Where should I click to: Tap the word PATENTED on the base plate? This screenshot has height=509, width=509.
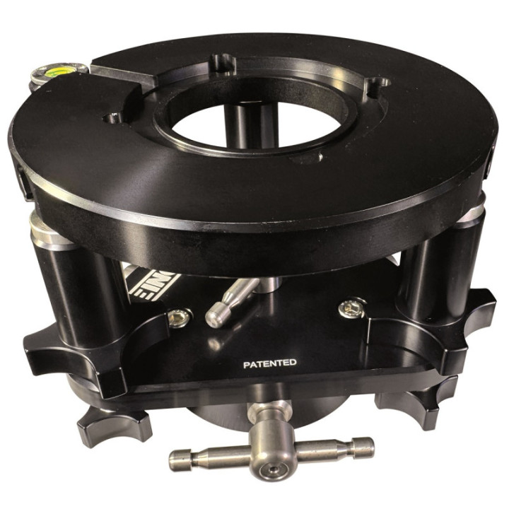pyautogui.click(x=269, y=363)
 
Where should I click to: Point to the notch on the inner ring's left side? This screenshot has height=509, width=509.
pyautogui.click(x=112, y=116)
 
